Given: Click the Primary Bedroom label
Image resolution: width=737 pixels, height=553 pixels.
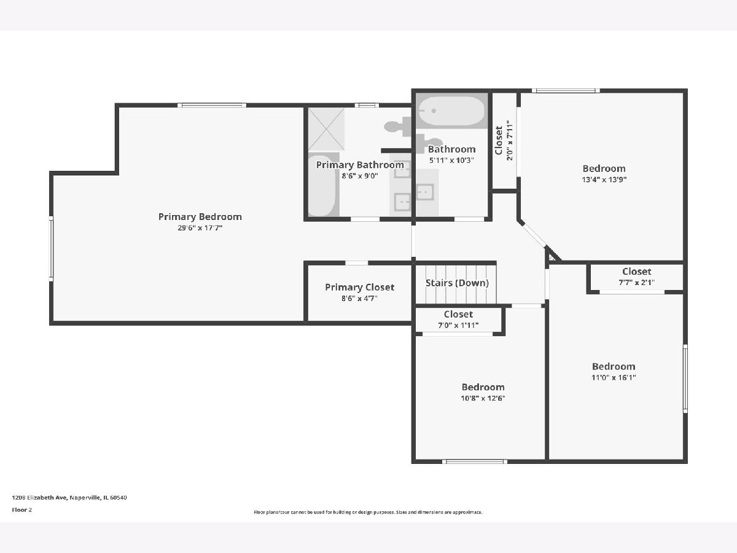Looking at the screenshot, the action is pyautogui.click(x=200, y=216).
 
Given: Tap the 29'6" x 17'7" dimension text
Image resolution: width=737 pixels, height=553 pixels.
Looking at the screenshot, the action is pyautogui.click(x=200, y=227).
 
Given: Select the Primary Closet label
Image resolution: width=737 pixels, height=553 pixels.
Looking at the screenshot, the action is pyautogui.click(x=359, y=288).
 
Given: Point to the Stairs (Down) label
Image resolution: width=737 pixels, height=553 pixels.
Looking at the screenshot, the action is pyautogui.click(x=457, y=283).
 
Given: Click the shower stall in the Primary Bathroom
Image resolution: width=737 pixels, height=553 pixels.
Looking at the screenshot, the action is pyautogui.click(x=326, y=129).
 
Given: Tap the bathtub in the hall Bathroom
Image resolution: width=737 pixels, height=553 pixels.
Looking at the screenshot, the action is pyautogui.click(x=451, y=111).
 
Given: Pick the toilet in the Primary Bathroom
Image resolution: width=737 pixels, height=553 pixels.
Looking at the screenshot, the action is pyautogui.click(x=398, y=127).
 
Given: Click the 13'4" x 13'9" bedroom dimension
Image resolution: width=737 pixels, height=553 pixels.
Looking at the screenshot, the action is pyautogui.click(x=604, y=179).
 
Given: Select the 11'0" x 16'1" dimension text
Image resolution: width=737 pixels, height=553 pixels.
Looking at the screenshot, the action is pyautogui.click(x=614, y=377).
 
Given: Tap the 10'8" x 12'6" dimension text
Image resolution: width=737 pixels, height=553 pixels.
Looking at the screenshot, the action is pyautogui.click(x=483, y=398).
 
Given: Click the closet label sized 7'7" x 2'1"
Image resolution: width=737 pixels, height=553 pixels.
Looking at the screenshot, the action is pyautogui.click(x=636, y=272).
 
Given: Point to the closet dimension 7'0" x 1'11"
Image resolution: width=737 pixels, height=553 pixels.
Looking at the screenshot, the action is pyautogui.click(x=458, y=325).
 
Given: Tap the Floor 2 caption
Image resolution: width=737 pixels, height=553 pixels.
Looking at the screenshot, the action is pyautogui.click(x=21, y=510).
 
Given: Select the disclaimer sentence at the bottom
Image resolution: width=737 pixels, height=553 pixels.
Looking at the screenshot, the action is pyautogui.click(x=368, y=512).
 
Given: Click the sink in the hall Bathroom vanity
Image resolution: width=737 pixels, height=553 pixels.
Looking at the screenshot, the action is pyautogui.click(x=424, y=192).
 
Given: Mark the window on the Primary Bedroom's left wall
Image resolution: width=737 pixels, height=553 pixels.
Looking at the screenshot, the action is pyautogui.click(x=51, y=249).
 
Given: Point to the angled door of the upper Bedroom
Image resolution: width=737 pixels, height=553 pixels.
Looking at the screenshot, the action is pyautogui.click(x=533, y=235).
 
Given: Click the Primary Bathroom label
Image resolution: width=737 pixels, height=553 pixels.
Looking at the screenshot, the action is pyautogui.click(x=360, y=165).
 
